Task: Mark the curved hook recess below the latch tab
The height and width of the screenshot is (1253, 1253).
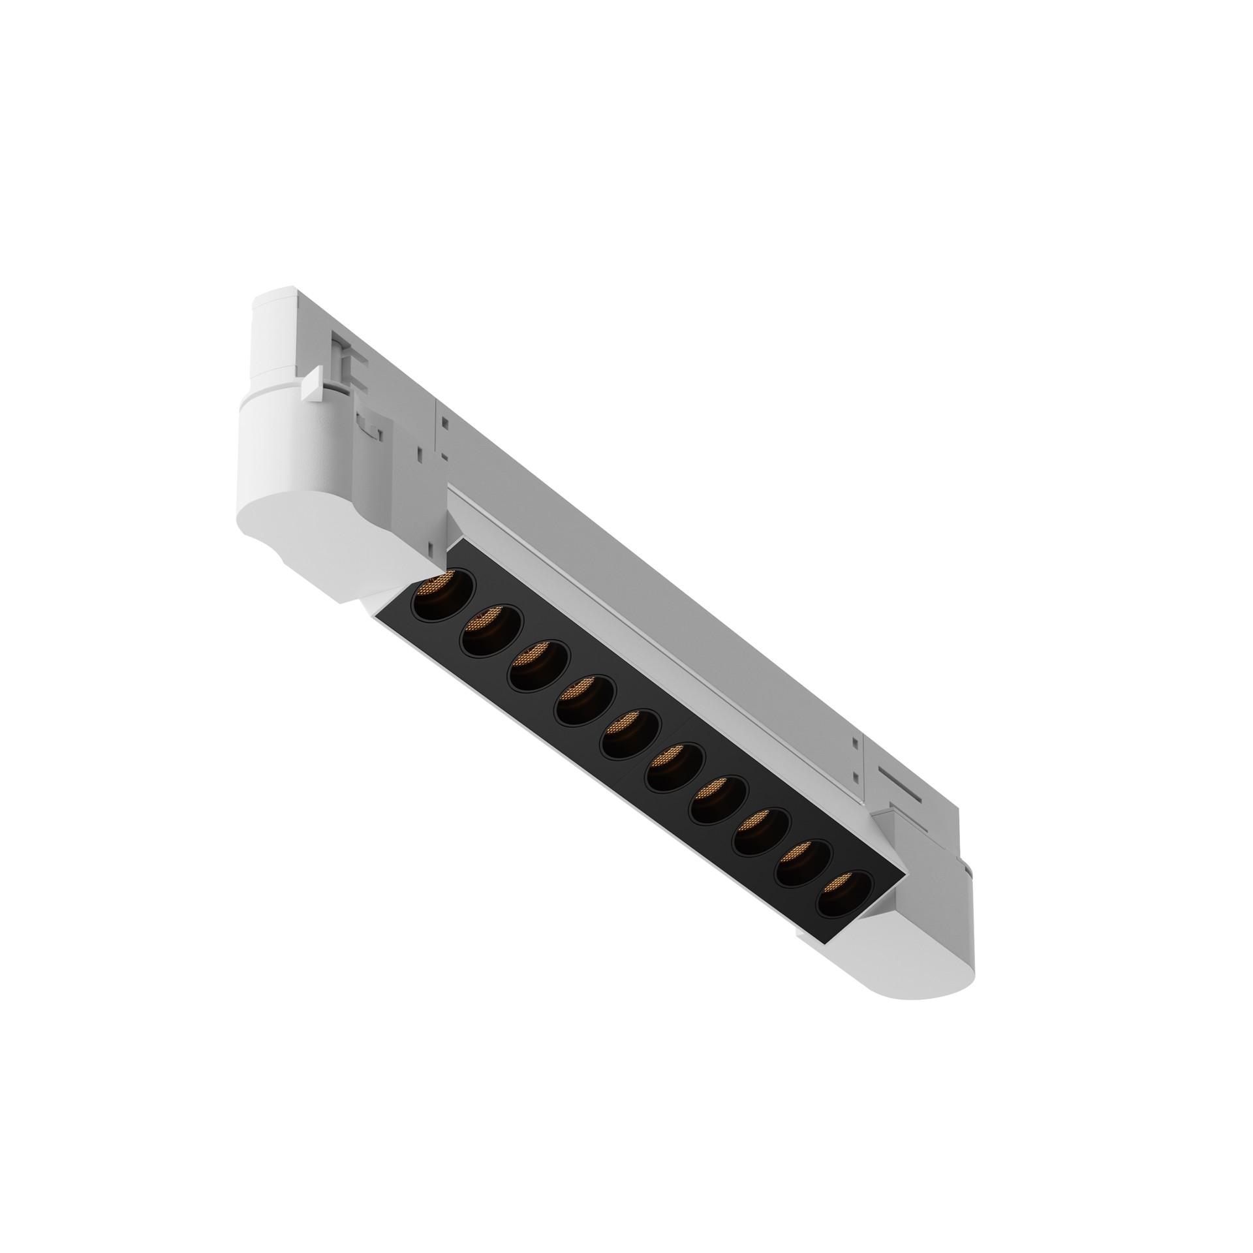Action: click(370, 424)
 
